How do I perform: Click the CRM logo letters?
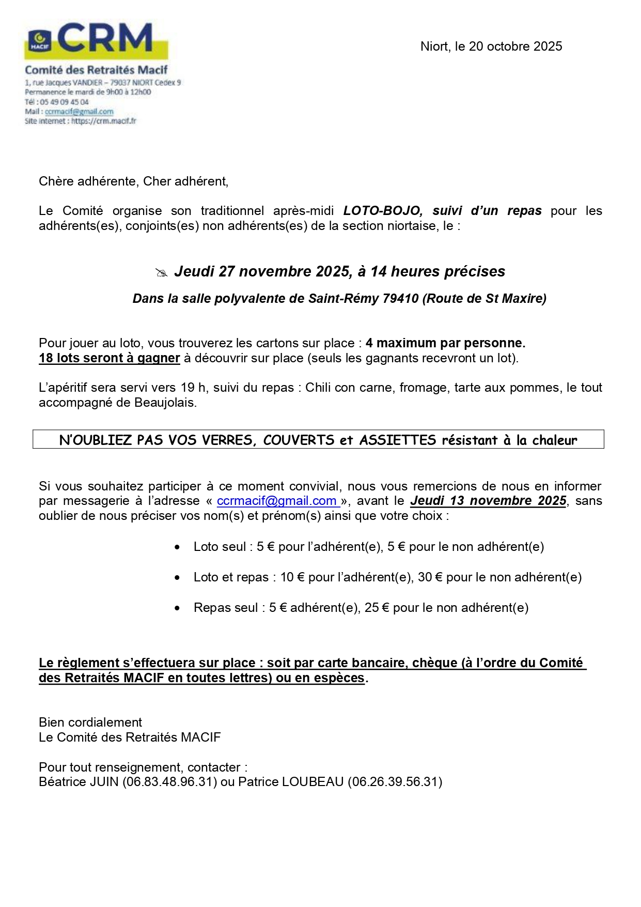[x=106, y=38]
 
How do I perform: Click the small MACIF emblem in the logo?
[x=39, y=41]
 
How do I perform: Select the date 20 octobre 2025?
[x=515, y=47]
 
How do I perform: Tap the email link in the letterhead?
[x=79, y=112]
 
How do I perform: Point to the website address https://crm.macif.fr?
[x=103, y=121]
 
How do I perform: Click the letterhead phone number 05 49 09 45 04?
[x=64, y=102]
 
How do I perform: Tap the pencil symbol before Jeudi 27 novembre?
[x=162, y=273]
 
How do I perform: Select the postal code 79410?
[x=400, y=299]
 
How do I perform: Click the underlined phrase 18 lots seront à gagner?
[x=109, y=358]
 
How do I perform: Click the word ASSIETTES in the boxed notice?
[x=398, y=440]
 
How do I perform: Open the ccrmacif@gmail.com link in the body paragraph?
[x=277, y=501]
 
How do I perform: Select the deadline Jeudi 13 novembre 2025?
[x=488, y=501]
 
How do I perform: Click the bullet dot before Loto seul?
[x=178, y=547]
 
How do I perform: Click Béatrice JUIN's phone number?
[x=169, y=782]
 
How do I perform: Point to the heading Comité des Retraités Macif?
[x=96, y=70]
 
